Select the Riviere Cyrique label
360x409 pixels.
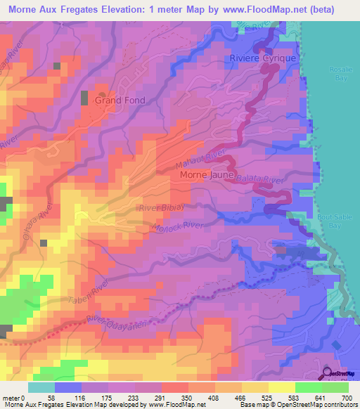(264, 58)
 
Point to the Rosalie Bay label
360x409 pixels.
(343, 72)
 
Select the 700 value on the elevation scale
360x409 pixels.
(345, 397)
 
